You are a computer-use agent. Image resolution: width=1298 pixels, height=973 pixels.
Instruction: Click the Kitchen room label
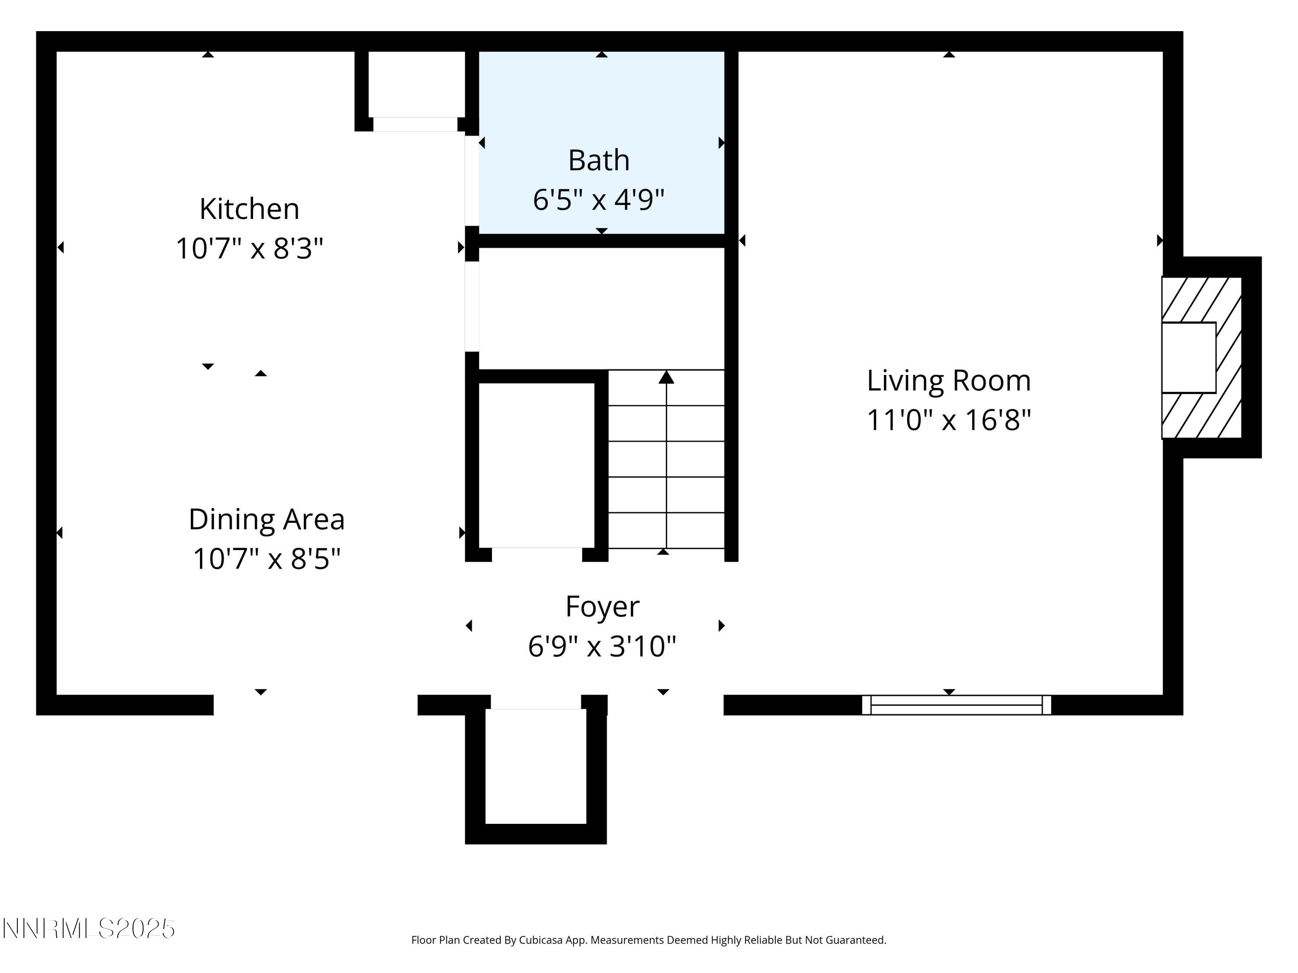[249, 209]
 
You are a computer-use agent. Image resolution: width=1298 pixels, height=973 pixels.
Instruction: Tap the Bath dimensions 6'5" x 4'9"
[598, 199]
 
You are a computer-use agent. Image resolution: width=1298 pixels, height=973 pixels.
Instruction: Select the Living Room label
[949, 381]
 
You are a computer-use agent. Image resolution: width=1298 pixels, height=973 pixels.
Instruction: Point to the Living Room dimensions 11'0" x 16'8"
[949, 420]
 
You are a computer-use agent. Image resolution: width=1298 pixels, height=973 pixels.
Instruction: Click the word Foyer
[602, 606]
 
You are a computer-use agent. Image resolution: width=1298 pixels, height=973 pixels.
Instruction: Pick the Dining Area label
[267, 519]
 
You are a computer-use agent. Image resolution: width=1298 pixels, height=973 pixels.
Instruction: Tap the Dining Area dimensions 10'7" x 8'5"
[267, 558]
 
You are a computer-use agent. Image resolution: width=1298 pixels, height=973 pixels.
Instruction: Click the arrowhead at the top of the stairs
[666, 377]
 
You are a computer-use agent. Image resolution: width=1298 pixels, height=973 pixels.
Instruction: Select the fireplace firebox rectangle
[1188, 357]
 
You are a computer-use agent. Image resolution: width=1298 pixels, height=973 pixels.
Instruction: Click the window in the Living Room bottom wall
[956, 704]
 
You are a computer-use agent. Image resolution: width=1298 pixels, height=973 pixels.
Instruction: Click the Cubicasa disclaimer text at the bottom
[649, 940]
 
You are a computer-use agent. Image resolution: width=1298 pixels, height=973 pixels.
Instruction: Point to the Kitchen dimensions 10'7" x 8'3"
[249, 248]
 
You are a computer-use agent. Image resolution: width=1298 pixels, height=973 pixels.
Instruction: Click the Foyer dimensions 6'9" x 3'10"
[602, 647]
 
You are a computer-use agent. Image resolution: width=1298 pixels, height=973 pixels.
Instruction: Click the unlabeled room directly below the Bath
[601, 308]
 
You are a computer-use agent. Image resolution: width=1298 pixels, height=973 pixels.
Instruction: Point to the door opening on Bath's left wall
[472, 181]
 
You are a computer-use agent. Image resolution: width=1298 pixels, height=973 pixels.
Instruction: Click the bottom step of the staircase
[666, 531]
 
